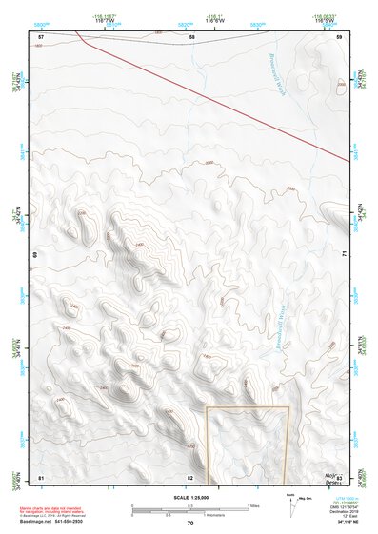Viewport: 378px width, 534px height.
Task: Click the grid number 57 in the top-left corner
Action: [x=41, y=36]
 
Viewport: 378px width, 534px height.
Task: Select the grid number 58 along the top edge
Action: [x=191, y=36]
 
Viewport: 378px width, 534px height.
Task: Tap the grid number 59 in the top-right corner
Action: [x=339, y=36]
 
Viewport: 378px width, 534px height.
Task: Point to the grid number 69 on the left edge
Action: [x=37, y=255]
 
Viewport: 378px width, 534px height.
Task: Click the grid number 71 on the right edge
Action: [x=344, y=255]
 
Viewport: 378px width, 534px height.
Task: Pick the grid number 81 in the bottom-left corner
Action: [x=41, y=476]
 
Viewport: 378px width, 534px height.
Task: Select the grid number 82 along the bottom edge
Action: [x=190, y=476]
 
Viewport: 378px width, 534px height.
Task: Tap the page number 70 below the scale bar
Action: [x=190, y=523]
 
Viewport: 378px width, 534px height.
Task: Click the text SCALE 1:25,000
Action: [x=190, y=497]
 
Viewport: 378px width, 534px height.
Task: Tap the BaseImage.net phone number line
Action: [x=52, y=521]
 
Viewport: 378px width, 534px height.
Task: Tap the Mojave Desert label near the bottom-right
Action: [x=332, y=474]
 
